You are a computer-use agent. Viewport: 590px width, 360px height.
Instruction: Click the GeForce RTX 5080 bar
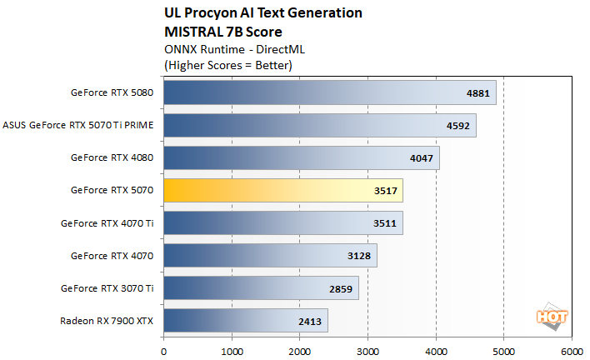point(329,92)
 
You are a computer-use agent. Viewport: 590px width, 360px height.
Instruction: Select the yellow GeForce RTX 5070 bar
point(283,190)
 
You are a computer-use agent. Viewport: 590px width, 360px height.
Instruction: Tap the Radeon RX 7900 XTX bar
point(246,320)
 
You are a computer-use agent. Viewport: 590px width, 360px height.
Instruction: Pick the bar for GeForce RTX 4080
point(301,157)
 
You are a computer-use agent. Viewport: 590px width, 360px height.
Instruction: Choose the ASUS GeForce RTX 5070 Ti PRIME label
point(78,125)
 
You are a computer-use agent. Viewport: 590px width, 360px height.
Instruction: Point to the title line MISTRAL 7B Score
point(217,32)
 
